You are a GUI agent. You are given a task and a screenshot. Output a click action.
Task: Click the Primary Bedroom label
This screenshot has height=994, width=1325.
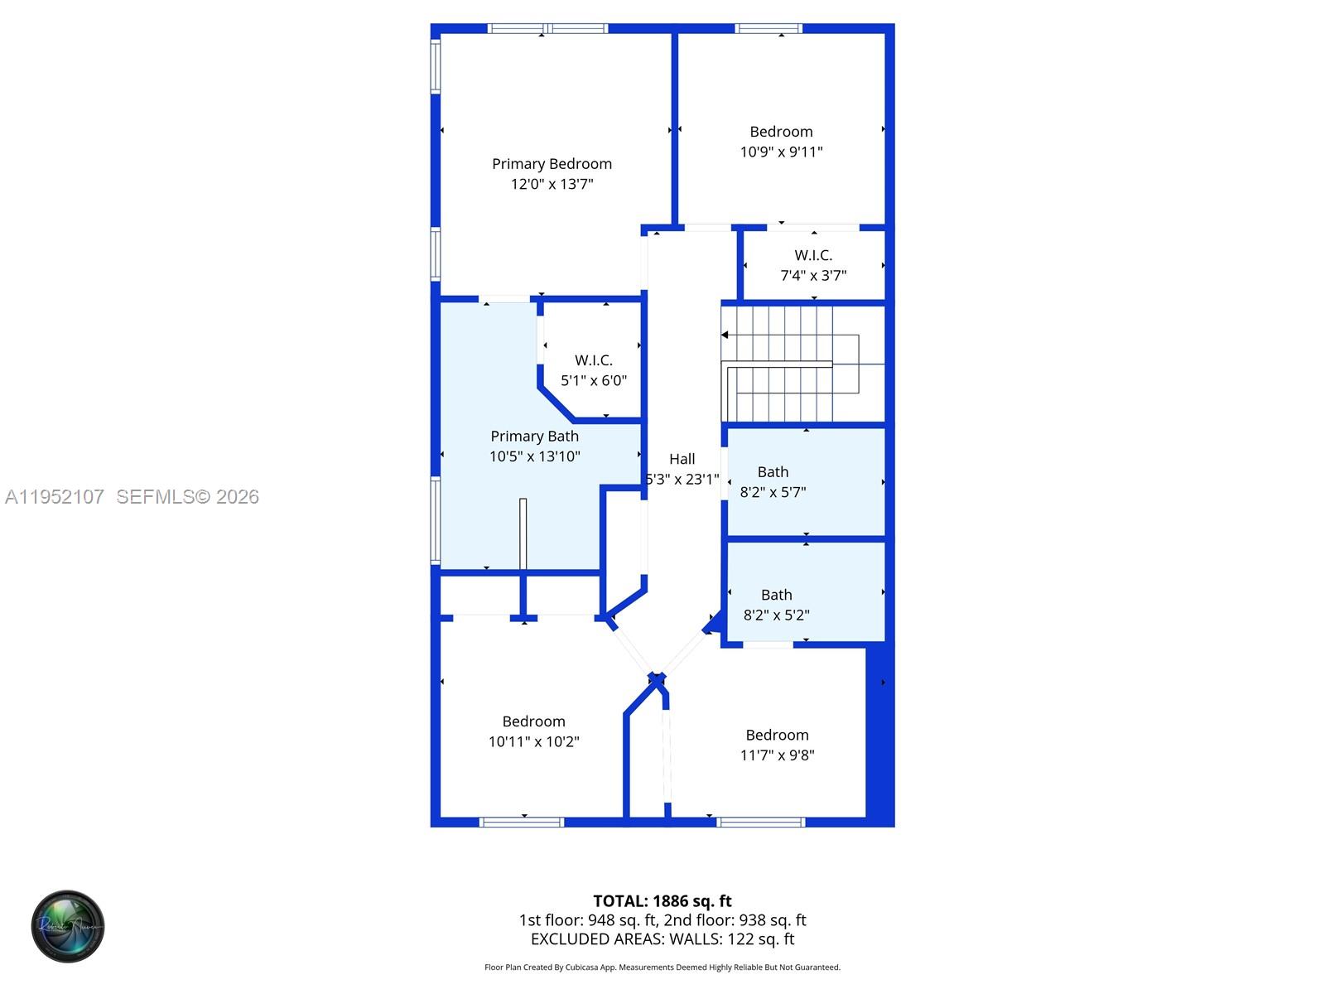click(552, 164)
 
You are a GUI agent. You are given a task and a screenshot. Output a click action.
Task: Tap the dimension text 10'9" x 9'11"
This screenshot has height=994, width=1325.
click(781, 152)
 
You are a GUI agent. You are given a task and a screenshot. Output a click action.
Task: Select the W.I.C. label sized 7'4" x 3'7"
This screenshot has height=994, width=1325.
click(813, 255)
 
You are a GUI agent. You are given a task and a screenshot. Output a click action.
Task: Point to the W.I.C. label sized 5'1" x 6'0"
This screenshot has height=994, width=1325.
click(594, 360)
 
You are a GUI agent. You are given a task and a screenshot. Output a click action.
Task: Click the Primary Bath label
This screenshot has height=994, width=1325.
click(534, 437)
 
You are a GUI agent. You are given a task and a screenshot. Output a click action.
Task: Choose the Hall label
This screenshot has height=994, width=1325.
click(682, 459)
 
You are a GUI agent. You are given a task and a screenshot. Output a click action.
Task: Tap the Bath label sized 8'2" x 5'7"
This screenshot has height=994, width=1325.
click(773, 472)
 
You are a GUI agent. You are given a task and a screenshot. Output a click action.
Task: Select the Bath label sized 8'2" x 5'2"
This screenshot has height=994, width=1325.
click(777, 595)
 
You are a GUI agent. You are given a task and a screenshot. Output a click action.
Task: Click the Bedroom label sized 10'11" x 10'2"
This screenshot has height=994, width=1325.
click(533, 721)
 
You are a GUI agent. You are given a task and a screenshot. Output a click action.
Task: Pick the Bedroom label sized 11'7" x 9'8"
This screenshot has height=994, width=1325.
click(777, 735)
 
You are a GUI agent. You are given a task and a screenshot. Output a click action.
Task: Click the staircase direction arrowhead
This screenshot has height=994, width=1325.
click(725, 335)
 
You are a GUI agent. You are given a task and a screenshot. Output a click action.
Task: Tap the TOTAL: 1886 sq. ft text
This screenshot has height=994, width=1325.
click(662, 901)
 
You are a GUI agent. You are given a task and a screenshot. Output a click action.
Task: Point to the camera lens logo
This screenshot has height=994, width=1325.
click(68, 926)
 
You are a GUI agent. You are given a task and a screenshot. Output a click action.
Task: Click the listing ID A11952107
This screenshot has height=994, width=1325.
click(55, 497)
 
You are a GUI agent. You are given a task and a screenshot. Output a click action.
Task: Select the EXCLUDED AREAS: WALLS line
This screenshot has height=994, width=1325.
click(662, 939)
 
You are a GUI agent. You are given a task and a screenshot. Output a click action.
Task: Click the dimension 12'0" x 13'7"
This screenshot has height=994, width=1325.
click(552, 184)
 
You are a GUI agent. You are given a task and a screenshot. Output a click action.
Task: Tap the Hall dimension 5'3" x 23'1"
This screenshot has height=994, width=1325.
click(682, 479)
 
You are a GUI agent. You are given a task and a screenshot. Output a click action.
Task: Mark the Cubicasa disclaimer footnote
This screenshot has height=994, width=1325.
click(662, 967)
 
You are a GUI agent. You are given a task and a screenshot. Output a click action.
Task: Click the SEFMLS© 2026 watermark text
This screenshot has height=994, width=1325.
click(187, 497)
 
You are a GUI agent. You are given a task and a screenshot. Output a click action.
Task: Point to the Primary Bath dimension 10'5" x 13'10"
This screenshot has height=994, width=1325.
click(534, 456)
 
